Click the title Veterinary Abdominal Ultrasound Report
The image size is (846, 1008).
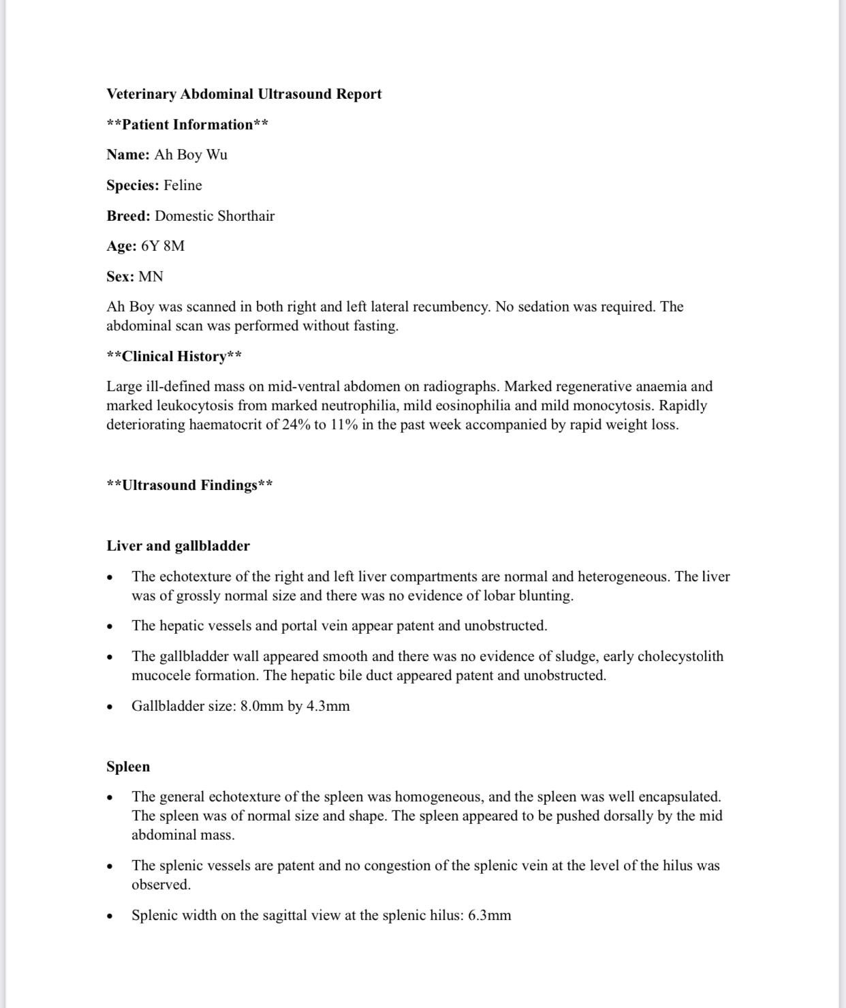(x=244, y=94)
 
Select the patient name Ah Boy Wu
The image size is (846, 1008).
(x=191, y=155)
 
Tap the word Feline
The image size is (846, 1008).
(x=183, y=185)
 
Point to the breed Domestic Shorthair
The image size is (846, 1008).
(x=215, y=216)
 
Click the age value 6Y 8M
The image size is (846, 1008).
(x=163, y=246)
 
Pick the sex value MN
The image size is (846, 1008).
(x=151, y=277)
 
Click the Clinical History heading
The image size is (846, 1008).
(x=174, y=356)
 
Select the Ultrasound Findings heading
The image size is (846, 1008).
(x=190, y=485)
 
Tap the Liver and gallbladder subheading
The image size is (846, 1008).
(x=178, y=546)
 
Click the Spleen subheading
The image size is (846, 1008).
(x=128, y=767)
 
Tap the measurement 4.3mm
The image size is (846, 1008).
(x=328, y=706)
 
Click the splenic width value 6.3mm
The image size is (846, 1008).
(x=489, y=915)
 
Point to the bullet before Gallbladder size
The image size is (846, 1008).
(x=110, y=707)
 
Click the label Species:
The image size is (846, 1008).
(x=133, y=185)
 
